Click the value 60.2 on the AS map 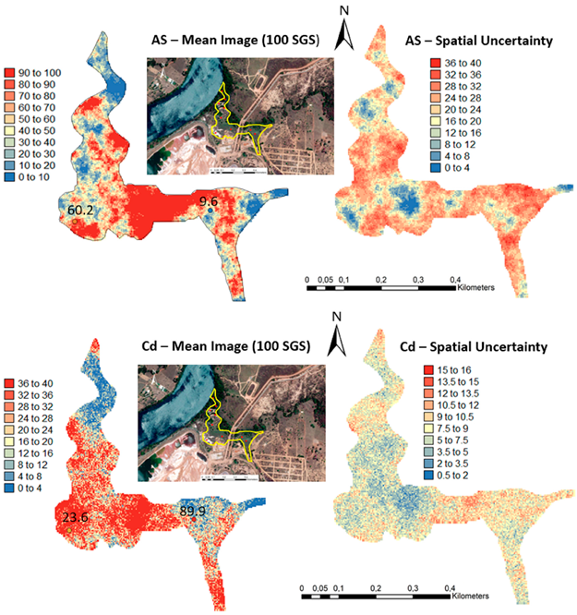81,211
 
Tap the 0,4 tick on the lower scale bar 450,588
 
